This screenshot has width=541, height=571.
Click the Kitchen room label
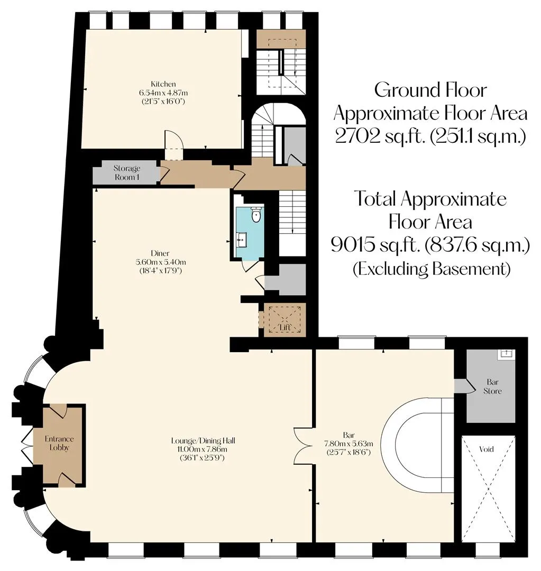tap(163, 84)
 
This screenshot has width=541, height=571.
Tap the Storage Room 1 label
tap(126, 172)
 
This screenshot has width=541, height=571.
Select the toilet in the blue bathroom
tap(256, 214)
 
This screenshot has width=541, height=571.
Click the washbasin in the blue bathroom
tap(242, 240)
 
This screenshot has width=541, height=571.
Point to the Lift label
tap(285, 327)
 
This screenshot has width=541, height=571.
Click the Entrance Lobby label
tap(59, 443)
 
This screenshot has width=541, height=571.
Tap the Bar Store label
tap(492, 386)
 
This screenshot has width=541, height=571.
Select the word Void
tap(486, 449)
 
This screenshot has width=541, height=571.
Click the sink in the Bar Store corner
tap(507, 353)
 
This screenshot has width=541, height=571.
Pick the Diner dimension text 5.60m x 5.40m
tap(160, 262)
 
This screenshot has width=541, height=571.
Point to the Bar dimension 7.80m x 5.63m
tap(349, 444)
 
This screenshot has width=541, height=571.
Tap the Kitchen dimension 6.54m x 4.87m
tap(163, 93)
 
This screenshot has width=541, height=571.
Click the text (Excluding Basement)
tap(432, 269)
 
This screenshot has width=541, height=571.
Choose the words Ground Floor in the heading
tap(430, 90)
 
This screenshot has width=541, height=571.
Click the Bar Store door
tap(463, 386)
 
